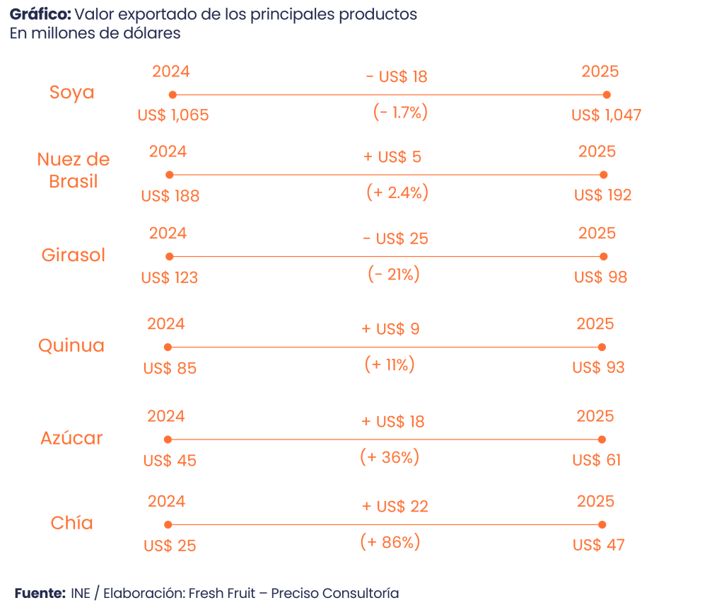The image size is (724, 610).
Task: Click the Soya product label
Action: [x=71, y=93]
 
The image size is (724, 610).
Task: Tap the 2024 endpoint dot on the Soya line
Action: [x=173, y=95]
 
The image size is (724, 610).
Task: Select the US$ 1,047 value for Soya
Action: [x=606, y=115]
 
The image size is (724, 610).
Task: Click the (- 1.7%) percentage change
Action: [x=400, y=113]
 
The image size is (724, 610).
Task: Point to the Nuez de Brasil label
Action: [x=73, y=170]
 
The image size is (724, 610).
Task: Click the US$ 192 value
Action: [x=602, y=195]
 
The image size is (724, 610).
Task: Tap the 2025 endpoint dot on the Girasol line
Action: [x=603, y=256]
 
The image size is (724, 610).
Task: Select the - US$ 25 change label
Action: [x=395, y=238]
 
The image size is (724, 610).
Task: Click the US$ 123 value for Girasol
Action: [x=169, y=277]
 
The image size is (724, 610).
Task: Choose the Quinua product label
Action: [x=71, y=345]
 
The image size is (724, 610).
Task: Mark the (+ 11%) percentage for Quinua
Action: [x=389, y=365]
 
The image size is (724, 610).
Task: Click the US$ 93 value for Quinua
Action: [x=598, y=368]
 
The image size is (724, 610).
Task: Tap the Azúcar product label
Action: [x=71, y=438]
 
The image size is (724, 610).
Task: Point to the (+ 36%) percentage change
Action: [x=390, y=458]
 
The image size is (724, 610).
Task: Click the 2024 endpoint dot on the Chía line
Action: [x=168, y=524]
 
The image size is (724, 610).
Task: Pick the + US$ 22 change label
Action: [x=395, y=507]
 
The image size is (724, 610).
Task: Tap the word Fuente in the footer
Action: [x=40, y=593]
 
